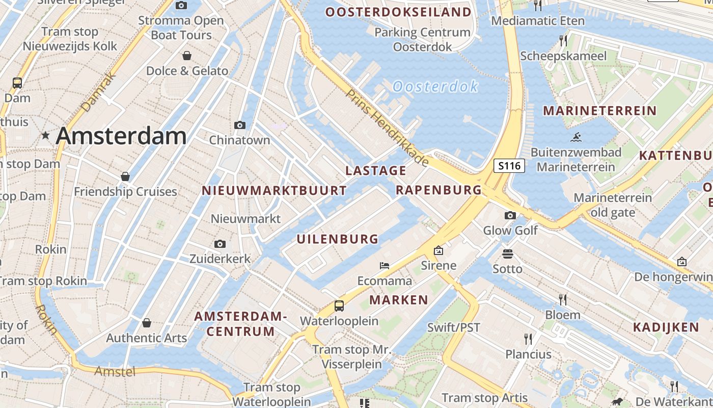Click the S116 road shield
(509, 166)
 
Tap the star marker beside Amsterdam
(46, 136)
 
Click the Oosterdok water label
(435, 87)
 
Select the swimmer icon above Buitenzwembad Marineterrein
(576, 137)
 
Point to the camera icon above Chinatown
(239, 125)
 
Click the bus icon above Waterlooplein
(339, 306)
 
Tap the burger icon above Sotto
(507, 253)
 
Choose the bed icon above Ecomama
(385, 266)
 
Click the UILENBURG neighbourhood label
(338, 239)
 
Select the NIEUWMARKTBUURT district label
(274, 191)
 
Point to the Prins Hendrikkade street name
(387, 127)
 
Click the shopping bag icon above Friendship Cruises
(125, 176)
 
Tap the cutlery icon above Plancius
(528, 339)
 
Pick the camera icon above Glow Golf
(510, 215)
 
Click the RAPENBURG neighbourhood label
(438, 190)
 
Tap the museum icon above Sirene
(438, 250)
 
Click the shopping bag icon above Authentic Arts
(147, 323)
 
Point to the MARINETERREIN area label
(599, 111)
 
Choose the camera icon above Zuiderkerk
(220, 244)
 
